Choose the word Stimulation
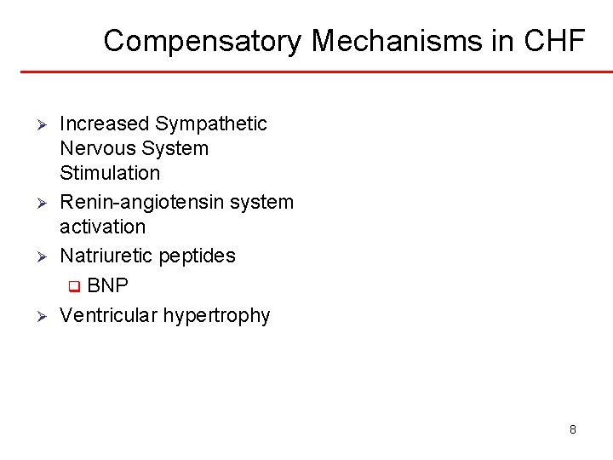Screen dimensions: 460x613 pyautogui.click(x=110, y=174)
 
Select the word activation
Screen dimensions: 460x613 pyautogui.click(x=103, y=227)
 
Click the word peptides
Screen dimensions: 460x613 pyautogui.click(x=198, y=256)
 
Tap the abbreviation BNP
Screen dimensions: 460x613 pyautogui.click(x=107, y=285)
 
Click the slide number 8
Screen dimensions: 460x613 pyautogui.click(x=573, y=430)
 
